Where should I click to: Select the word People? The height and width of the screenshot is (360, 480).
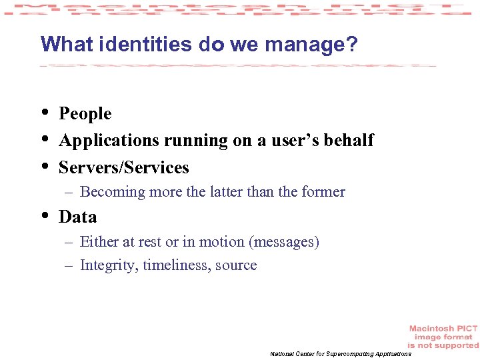click(85, 114)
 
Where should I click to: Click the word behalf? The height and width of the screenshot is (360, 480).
click(349, 140)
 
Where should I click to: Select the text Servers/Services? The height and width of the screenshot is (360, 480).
click(124, 167)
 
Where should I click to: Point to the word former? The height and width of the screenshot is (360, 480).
click(323, 192)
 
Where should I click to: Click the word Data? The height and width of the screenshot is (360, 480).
click(78, 217)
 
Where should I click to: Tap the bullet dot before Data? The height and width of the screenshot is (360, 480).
click(44, 215)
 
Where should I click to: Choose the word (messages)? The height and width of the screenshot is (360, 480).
click(284, 242)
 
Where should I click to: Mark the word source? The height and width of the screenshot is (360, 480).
click(236, 265)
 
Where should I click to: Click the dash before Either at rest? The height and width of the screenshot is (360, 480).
click(68, 242)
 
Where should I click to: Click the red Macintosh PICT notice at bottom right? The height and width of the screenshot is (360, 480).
click(443, 337)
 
